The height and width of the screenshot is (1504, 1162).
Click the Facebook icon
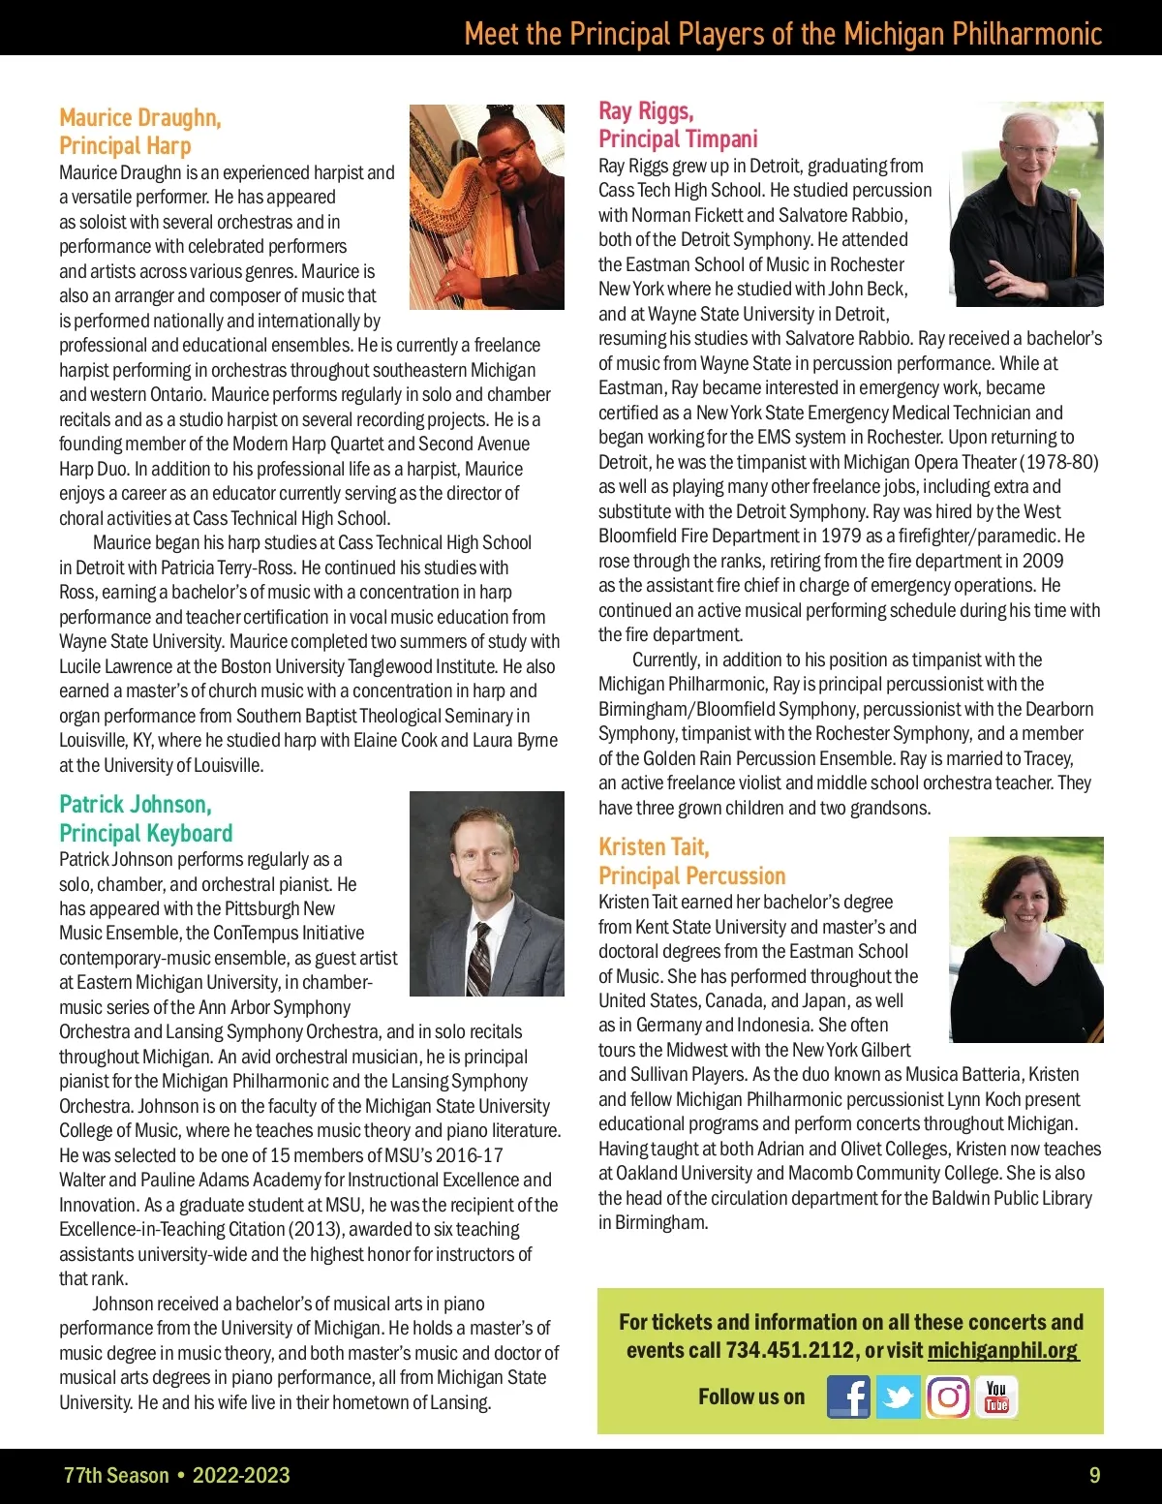(848, 1397)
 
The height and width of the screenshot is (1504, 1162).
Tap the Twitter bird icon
(899, 1397)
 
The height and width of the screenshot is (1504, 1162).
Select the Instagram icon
(948, 1397)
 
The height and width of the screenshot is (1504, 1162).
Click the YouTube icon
(996, 1397)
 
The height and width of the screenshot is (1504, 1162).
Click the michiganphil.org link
(1002, 1350)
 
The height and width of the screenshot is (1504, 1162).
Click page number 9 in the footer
(1095, 1475)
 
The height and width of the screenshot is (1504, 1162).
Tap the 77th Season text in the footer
(116, 1475)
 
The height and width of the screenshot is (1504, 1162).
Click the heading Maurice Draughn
(140, 118)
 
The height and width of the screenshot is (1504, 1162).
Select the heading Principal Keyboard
(146, 833)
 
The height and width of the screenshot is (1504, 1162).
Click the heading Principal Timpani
(678, 138)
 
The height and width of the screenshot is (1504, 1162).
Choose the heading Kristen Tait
(654, 847)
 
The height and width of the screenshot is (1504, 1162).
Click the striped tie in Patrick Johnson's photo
(479, 959)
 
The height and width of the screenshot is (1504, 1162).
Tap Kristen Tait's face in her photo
(1028, 896)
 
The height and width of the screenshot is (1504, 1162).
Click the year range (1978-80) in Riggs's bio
(1060, 462)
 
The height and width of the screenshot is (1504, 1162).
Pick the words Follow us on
(751, 1397)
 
